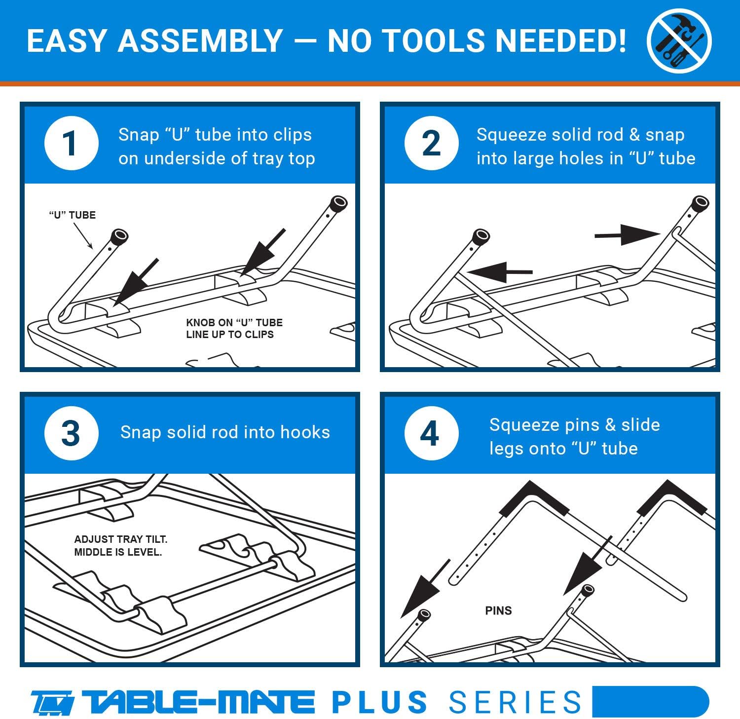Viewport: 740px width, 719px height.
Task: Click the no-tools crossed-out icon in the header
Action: click(679, 40)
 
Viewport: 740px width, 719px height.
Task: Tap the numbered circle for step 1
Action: click(71, 143)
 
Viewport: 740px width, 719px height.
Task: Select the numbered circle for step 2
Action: click(431, 143)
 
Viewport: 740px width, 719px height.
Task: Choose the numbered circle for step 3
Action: click(71, 433)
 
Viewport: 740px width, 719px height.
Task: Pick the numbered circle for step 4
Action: click(431, 433)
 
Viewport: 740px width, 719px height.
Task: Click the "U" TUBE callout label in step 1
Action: click(72, 215)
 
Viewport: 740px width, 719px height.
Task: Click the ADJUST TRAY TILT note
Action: click(120, 539)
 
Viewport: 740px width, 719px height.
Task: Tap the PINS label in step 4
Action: click(498, 611)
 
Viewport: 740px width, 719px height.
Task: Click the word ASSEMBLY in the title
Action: click(200, 40)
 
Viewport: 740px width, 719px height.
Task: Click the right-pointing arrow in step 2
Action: click(627, 235)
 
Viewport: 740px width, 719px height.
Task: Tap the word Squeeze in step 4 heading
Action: click(525, 425)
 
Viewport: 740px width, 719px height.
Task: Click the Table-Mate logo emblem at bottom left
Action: click(52, 702)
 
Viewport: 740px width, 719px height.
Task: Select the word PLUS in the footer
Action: click(379, 702)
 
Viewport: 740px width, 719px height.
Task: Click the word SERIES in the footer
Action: click(515, 702)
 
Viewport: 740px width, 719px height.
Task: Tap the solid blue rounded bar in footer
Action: click(650, 701)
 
